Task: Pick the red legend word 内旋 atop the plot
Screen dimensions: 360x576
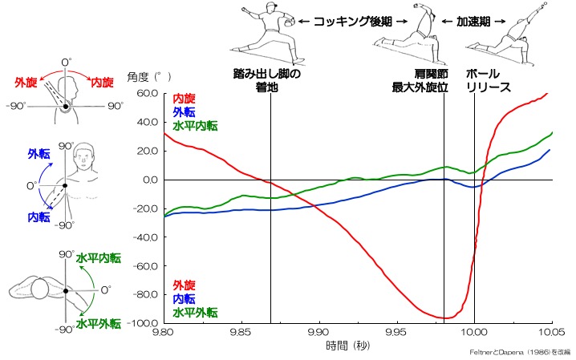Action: pos(184,98)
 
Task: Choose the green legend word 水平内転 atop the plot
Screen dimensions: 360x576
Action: pos(196,126)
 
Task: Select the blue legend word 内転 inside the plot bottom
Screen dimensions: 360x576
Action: pos(184,299)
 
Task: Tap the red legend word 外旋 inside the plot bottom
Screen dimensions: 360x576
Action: pos(184,285)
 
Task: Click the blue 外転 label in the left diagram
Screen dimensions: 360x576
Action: pos(39,152)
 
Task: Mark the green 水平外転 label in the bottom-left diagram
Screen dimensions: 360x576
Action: pos(99,324)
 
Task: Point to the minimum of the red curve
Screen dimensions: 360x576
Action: pos(446,318)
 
